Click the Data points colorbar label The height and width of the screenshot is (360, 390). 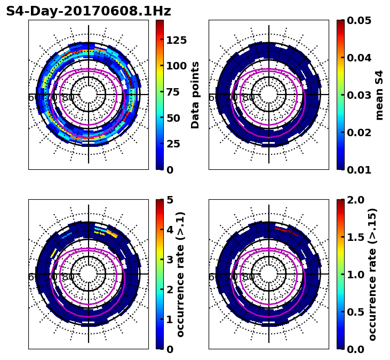195,95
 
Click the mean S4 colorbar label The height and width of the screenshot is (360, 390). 379,95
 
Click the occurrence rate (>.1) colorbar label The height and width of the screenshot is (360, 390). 181,274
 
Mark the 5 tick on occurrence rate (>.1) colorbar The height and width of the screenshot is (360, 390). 170,200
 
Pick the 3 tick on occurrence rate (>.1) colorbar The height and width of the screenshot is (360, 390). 170,260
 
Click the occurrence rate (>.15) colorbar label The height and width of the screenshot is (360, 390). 372,274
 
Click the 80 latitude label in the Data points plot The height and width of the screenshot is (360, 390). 68,98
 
